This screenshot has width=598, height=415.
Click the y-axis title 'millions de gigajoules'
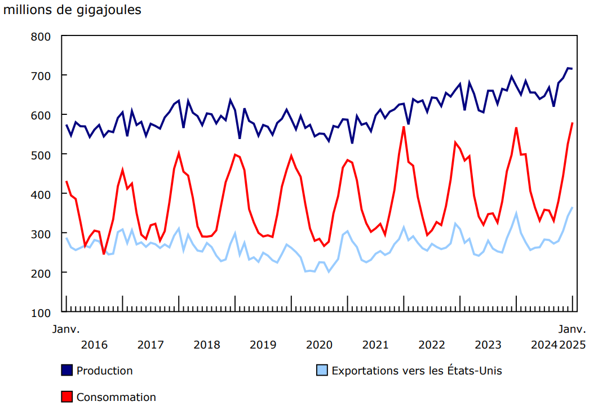tap(73, 10)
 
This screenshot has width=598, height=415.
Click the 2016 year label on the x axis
tap(95, 345)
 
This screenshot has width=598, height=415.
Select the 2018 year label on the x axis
tap(207, 345)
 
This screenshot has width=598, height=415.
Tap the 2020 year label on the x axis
tap(320, 345)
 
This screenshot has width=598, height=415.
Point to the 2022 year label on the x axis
tap(432, 345)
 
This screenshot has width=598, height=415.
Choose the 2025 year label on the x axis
tap(572, 345)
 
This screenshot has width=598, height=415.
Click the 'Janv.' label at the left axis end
tap(67, 328)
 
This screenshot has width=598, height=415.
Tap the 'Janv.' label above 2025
tap(572, 328)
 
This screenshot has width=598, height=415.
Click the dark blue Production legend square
tap(67, 371)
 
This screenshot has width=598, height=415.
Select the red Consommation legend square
tap(67, 397)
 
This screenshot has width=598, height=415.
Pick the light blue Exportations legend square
tap(322, 371)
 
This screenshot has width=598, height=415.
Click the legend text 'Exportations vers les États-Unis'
tap(417, 371)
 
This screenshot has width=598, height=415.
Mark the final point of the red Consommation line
tap(573, 123)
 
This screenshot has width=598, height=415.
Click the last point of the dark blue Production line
tap(573, 69)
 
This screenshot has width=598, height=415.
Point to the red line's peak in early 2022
tap(404, 127)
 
